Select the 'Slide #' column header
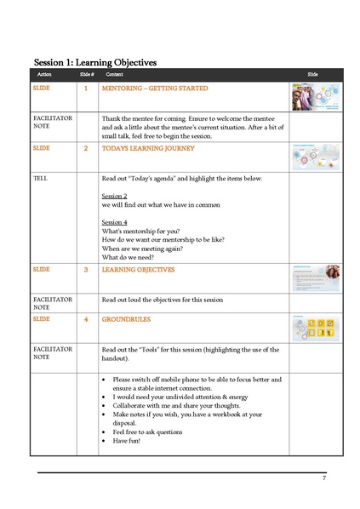point(85,75)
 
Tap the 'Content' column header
point(114,75)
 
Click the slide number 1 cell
point(85,89)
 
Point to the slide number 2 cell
point(85,148)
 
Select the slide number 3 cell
point(85,270)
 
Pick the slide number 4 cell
point(85,319)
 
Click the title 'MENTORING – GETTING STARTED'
point(154,89)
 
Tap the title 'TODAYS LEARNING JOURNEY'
point(148,148)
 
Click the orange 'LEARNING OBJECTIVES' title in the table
point(138,270)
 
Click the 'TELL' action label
point(40,178)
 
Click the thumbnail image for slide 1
point(316,96)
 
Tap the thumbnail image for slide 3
point(316,278)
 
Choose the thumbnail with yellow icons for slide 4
point(316,328)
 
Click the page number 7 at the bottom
point(324,478)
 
